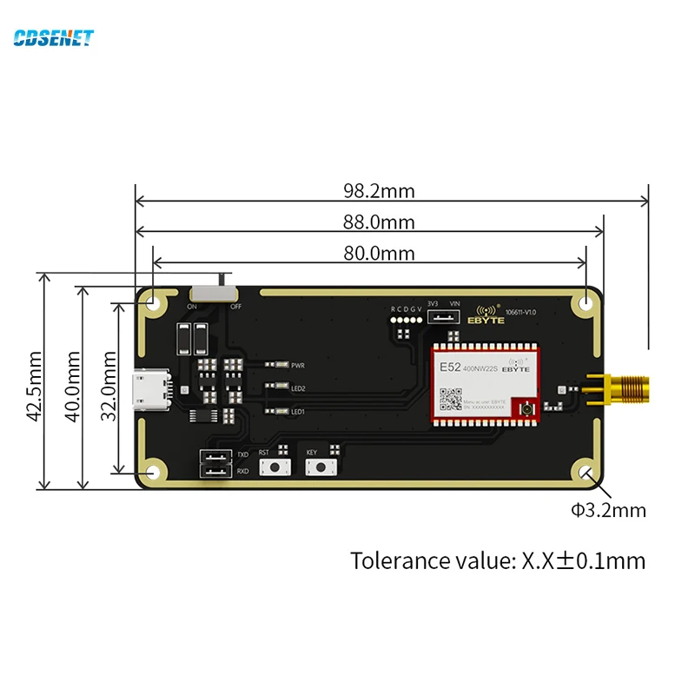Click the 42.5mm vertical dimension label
click(x=34, y=386)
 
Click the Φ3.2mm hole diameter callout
click(x=608, y=510)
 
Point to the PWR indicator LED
click(x=278, y=365)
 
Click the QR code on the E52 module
click(x=451, y=398)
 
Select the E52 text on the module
click(x=450, y=367)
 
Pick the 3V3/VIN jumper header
click(x=444, y=316)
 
